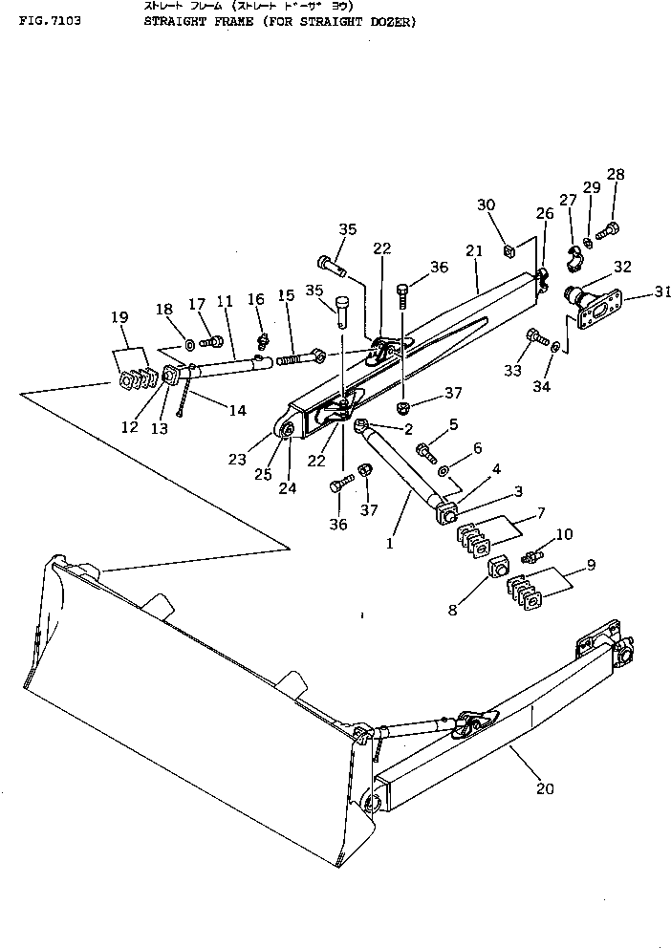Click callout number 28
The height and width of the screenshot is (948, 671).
point(615,175)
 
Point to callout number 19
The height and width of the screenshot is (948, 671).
point(119,317)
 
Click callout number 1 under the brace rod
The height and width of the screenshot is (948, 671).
point(389,544)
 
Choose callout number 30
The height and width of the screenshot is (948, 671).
point(487,205)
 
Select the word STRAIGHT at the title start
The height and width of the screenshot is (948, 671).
point(173,20)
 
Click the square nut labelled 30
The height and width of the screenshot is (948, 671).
point(510,251)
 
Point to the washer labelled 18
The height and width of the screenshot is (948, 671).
point(189,342)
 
